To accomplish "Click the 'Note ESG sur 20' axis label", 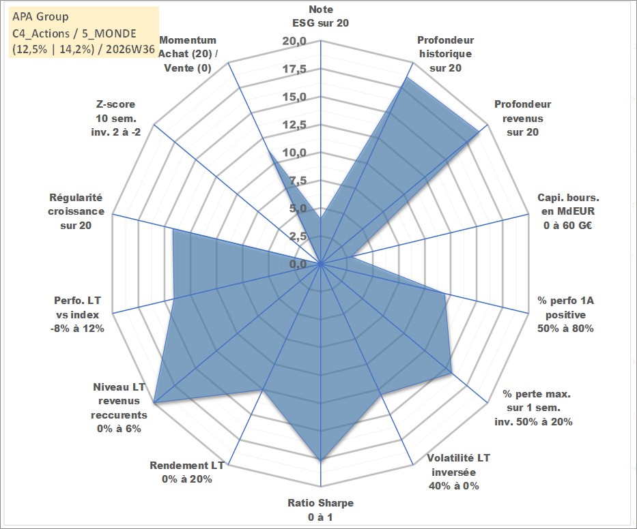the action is point(320,16).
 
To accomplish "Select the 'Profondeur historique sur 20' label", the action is point(445,54).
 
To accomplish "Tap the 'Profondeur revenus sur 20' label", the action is point(522,118).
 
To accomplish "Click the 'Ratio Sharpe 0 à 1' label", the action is point(320,510).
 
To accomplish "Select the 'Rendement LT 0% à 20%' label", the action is point(187,472).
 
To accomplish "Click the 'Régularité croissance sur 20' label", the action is point(76,211).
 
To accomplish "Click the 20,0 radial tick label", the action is point(294,42).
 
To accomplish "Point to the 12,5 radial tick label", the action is point(294,125).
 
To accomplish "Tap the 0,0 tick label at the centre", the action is point(298,264).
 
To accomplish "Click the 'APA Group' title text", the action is point(40,16).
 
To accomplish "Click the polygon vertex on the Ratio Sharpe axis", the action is point(321,460).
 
